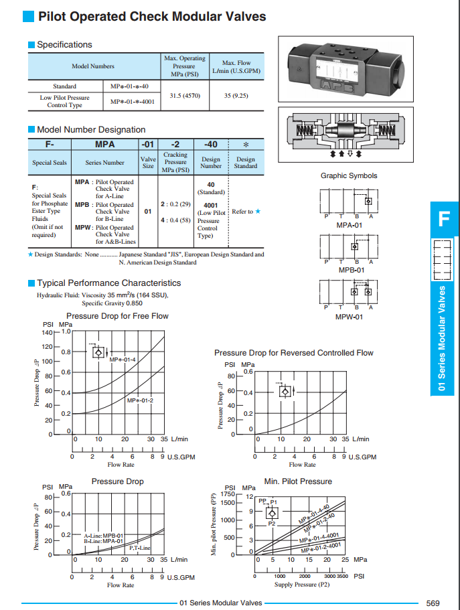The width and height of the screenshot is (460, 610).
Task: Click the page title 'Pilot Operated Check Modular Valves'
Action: [x=151, y=17]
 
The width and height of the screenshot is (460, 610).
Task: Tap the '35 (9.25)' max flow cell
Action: [x=236, y=96]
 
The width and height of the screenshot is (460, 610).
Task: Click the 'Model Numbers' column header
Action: [x=93, y=66]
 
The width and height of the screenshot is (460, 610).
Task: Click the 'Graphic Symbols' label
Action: [x=349, y=176]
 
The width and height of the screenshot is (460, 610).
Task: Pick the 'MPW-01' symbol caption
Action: [x=349, y=317]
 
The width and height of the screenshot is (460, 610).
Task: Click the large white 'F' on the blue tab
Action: [x=444, y=219]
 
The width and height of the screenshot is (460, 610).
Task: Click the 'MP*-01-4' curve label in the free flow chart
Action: [x=123, y=360]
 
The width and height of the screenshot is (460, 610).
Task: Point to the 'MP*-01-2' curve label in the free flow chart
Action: [x=140, y=400]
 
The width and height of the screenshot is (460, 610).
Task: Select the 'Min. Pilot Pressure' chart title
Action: [x=298, y=481]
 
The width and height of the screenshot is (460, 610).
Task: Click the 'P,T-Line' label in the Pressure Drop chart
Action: [x=139, y=548]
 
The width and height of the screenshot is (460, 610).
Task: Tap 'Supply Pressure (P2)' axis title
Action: [x=302, y=585]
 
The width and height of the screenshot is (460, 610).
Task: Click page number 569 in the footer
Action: [x=432, y=603]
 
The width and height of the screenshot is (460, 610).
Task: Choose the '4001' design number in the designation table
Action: [x=210, y=206]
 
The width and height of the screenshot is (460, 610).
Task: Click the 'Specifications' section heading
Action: [x=64, y=45]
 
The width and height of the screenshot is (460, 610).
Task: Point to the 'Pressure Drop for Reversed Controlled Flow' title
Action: [x=294, y=353]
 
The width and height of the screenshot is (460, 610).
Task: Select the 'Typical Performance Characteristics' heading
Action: [x=108, y=283]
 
